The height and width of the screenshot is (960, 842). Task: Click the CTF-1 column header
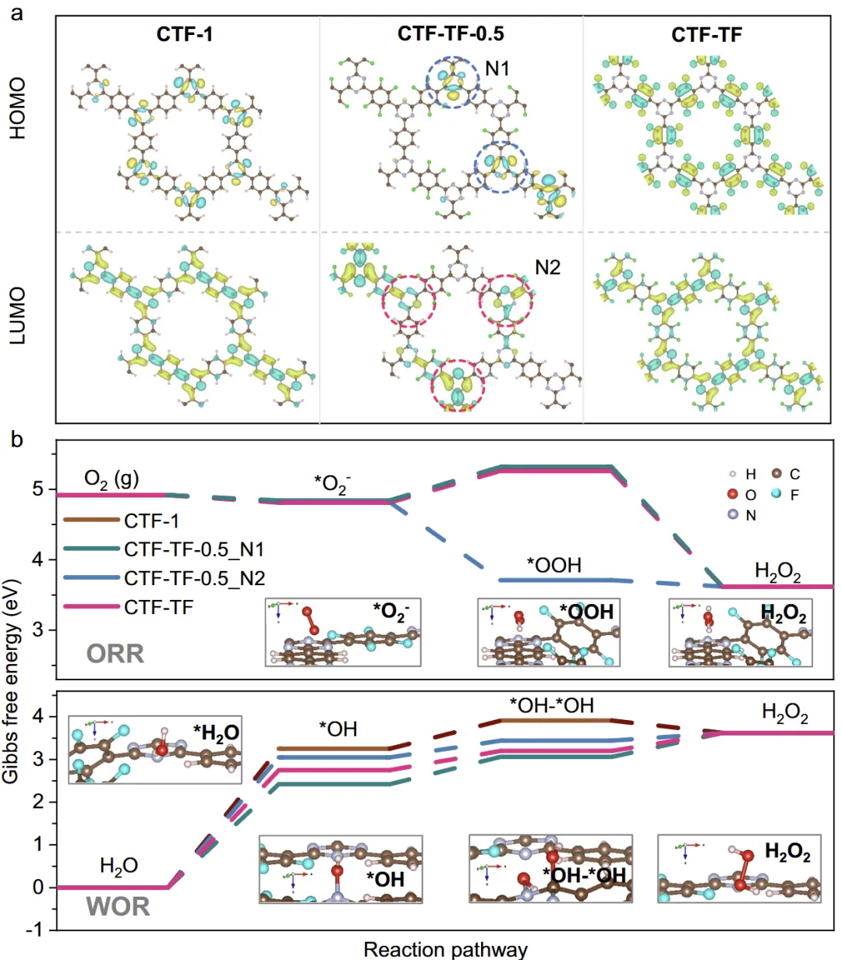point(185,34)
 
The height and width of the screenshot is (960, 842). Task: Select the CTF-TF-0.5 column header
point(451,34)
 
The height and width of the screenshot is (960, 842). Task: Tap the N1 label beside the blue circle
point(497,69)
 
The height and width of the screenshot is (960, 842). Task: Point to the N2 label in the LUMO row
point(547,268)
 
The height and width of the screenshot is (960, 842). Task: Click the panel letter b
point(17,441)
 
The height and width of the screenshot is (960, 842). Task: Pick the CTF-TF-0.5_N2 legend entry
point(193,578)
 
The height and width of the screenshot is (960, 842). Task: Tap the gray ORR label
point(115,653)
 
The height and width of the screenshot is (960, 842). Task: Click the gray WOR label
point(118,906)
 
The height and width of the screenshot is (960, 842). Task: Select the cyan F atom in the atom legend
point(776,495)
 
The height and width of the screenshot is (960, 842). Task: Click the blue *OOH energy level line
point(554,580)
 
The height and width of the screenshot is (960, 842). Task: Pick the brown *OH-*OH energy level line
point(554,720)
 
